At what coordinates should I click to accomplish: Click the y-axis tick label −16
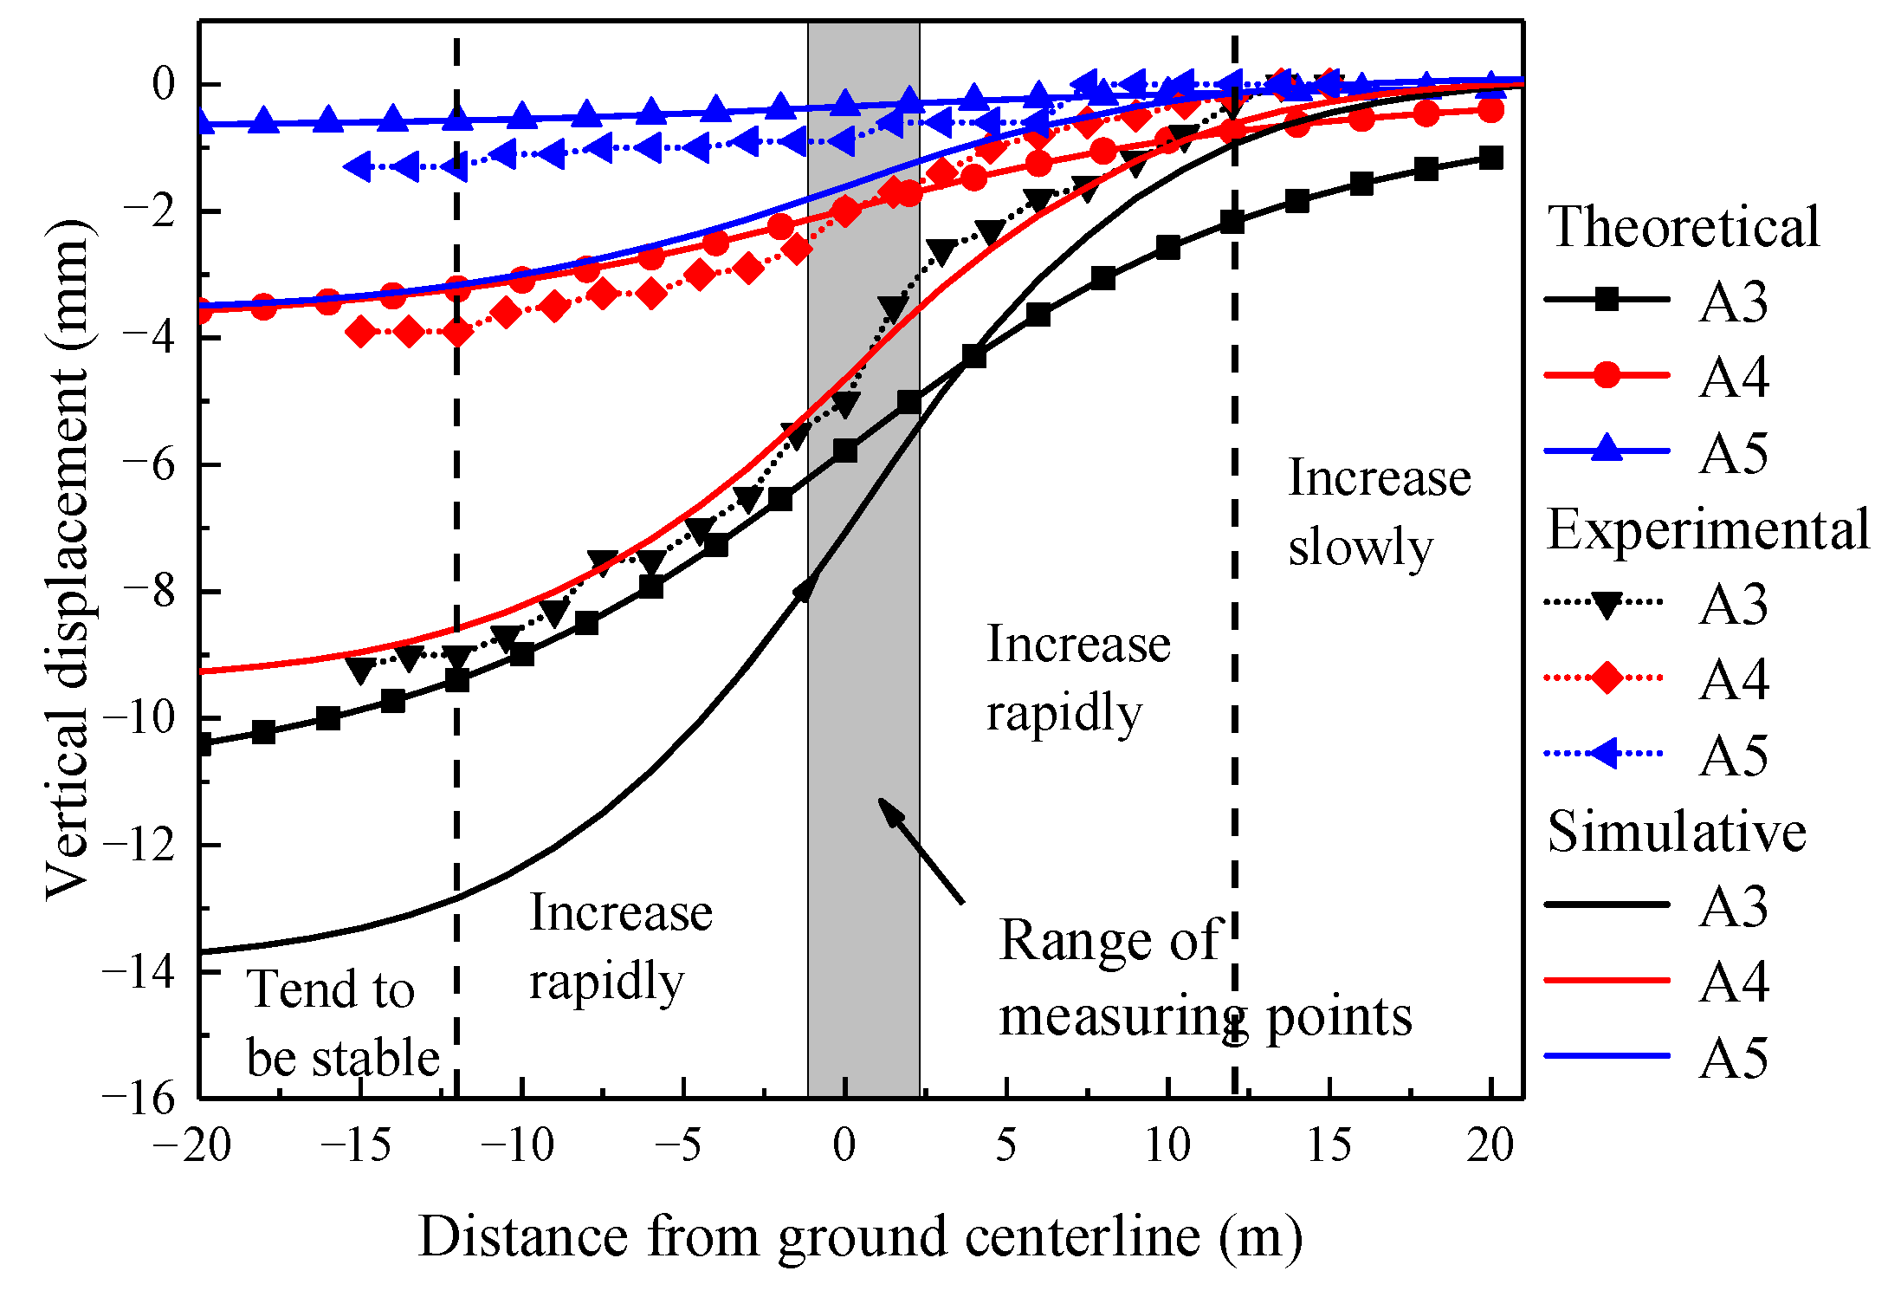[139, 1099]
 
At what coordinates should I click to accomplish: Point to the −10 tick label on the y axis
[139, 717]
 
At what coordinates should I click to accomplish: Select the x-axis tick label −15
[356, 1145]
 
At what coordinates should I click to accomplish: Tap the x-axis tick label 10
[1168, 1145]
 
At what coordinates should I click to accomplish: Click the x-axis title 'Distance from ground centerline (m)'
[861, 1236]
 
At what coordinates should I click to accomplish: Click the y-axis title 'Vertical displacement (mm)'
[68, 559]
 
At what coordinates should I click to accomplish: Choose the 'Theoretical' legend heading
[1684, 227]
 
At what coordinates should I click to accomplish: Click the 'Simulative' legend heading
[1677, 832]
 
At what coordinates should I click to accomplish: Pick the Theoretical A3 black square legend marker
[1607, 300]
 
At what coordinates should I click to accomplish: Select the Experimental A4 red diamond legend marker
[1607, 678]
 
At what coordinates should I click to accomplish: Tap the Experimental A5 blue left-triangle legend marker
[1604, 753]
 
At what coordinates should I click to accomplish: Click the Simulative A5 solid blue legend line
[1607, 1056]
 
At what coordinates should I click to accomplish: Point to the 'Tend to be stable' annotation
[343, 1023]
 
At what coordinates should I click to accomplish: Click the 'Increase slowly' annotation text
[1380, 512]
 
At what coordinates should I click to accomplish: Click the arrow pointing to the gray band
[921, 850]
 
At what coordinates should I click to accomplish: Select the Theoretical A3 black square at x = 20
[1490, 158]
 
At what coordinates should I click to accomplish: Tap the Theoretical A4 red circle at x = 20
[1490, 110]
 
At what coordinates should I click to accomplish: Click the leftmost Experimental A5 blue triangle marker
[358, 165]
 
